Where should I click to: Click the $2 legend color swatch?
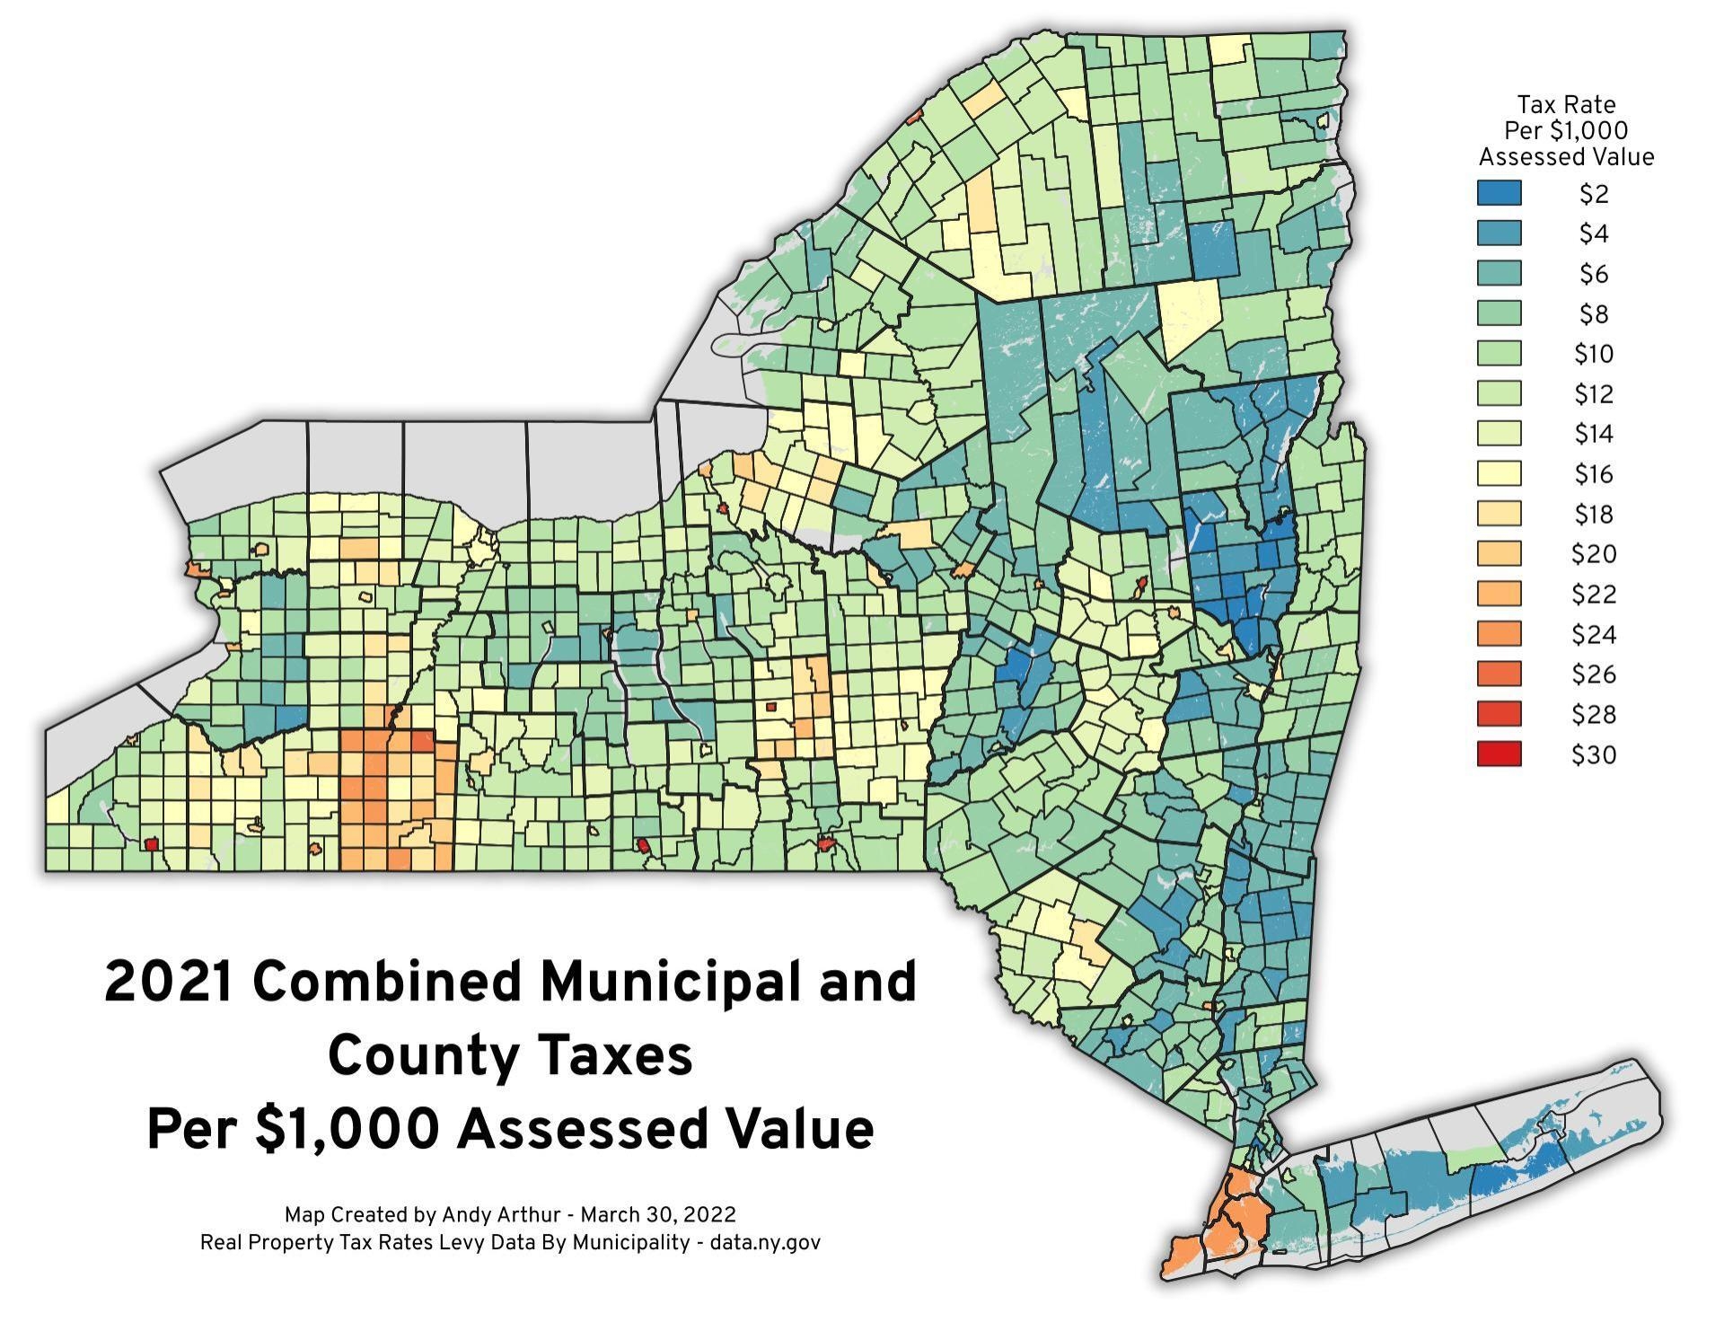point(1499,193)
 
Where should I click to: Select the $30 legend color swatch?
point(1499,754)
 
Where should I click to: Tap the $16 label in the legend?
point(1594,474)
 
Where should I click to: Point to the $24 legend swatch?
point(1499,634)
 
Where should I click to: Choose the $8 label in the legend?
point(1594,314)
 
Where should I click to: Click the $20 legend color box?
point(1499,554)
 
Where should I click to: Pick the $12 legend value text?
point(1594,394)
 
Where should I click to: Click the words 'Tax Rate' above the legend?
point(1566,105)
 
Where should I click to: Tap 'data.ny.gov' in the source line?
point(764,1243)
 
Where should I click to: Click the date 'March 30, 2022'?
point(658,1215)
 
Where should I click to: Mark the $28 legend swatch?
point(1499,714)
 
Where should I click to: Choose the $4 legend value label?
point(1594,234)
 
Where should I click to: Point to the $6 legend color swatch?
point(1499,273)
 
